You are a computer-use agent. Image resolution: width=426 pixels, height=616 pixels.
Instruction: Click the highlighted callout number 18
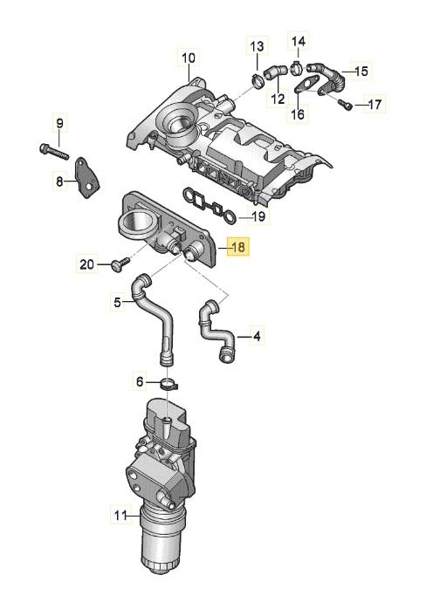coord(238,247)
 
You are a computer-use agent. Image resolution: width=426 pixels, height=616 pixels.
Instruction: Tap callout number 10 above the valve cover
coord(189,58)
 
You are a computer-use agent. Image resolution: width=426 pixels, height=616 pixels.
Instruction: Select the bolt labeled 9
coord(54,151)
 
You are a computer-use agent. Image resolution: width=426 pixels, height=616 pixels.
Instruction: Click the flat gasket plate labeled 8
coord(87,177)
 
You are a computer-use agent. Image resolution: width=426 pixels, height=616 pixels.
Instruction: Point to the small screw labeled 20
coord(120,264)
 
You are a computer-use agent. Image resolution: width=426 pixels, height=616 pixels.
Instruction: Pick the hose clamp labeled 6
coord(169,384)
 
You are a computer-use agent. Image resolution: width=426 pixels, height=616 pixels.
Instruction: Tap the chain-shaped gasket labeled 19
coord(210,205)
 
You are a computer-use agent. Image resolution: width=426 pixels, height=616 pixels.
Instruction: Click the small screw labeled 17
coord(343,104)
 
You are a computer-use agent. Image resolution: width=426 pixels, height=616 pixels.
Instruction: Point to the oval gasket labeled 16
coord(306,86)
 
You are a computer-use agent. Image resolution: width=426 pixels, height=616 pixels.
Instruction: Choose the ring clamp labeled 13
coord(257,80)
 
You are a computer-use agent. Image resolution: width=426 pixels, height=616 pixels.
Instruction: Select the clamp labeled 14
coord(297,67)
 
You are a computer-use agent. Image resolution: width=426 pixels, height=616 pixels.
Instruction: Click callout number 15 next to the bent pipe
coord(361,71)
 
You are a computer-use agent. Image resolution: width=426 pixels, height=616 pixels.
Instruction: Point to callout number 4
coord(257,336)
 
